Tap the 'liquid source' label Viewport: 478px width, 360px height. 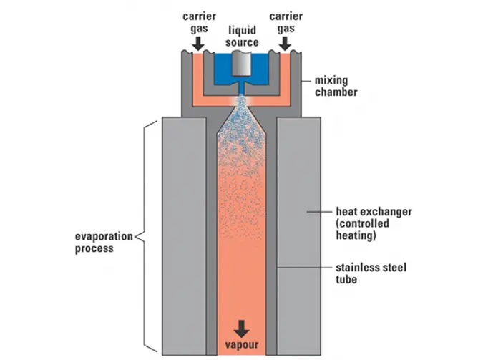point(243,37)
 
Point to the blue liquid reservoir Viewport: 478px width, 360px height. point(223,70)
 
